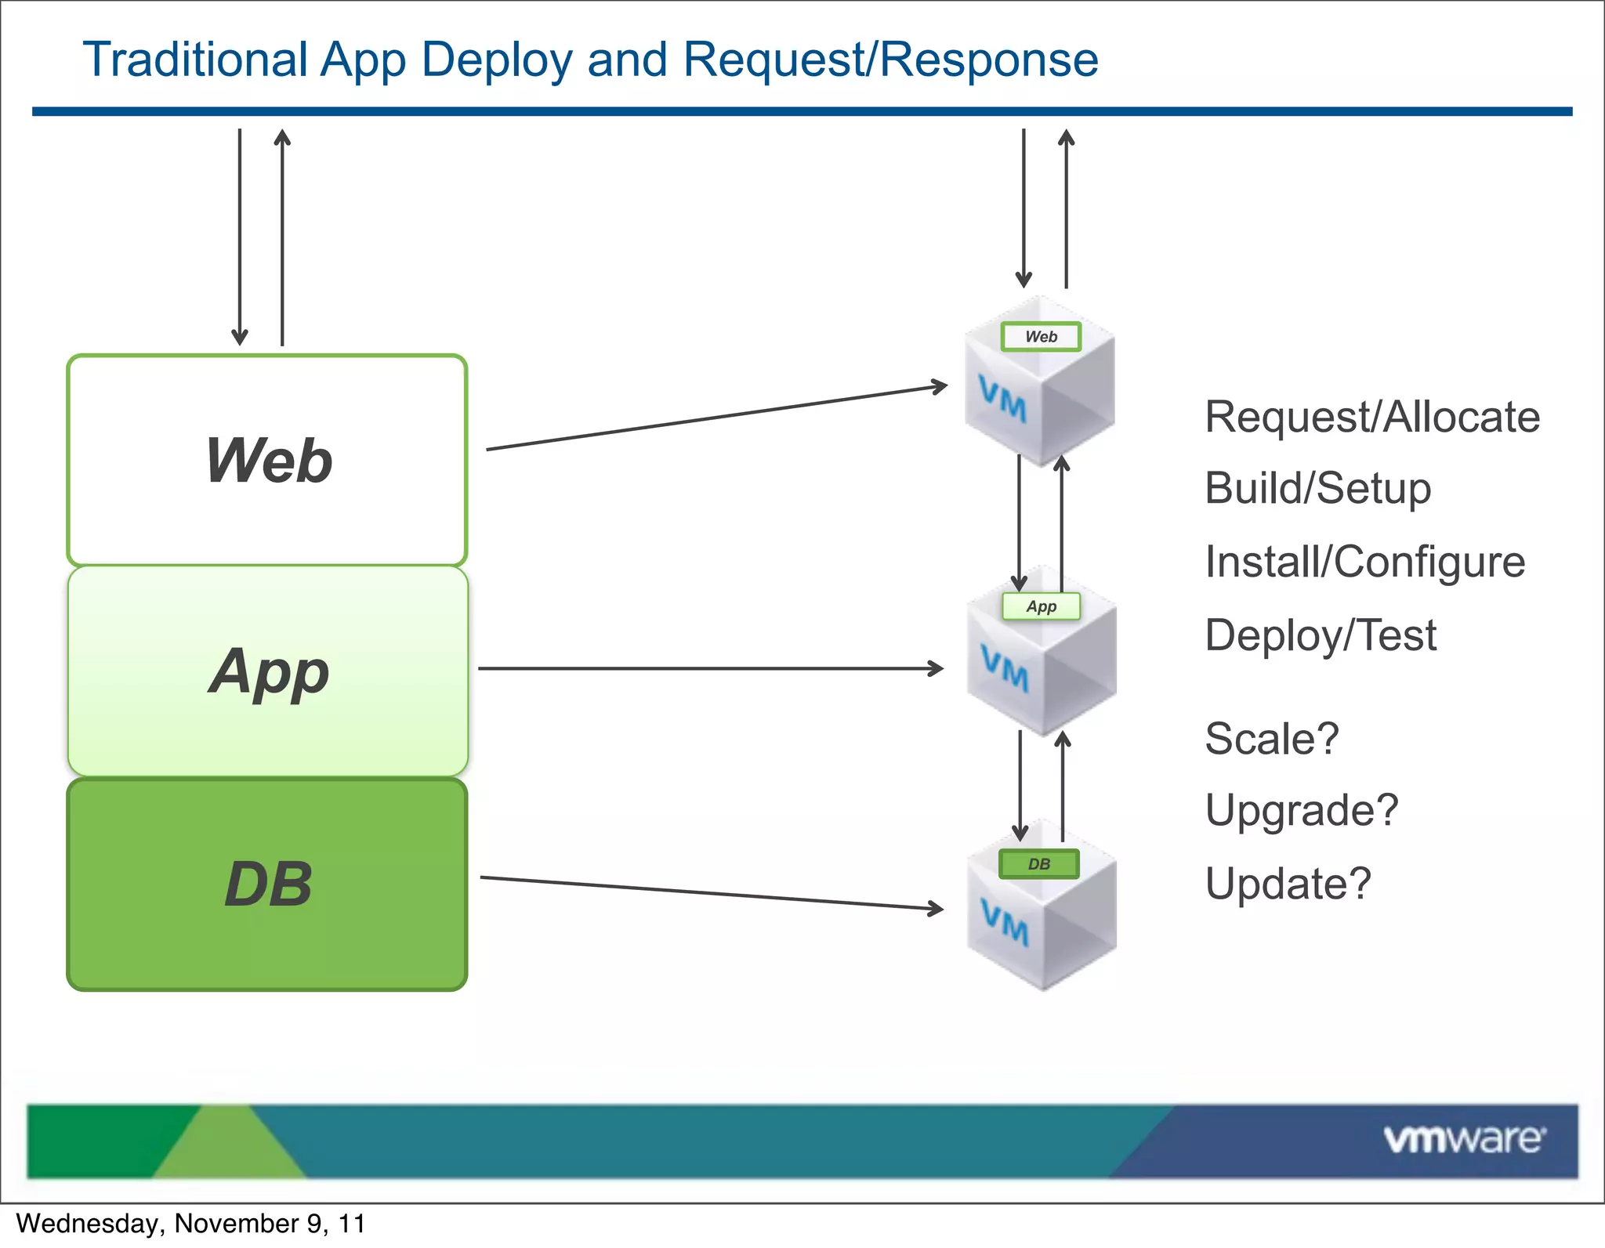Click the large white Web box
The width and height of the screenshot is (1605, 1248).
[267, 460]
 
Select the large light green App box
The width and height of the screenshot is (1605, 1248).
[267, 671]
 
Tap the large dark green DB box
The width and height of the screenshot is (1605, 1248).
[267, 884]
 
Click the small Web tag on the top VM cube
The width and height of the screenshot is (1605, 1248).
[1041, 336]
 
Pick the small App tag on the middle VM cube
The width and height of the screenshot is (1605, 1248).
[1041, 606]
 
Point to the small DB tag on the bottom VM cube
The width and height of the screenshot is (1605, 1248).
[1038, 863]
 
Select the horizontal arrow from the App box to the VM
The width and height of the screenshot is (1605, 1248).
[709, 668]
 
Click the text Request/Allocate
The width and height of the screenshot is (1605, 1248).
[1371, 417]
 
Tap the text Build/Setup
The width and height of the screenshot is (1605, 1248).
[1317, 489]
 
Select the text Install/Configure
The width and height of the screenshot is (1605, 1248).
[1364, 562]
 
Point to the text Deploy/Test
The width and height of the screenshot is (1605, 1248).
[1321, 635]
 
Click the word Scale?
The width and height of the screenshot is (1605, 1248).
[1271, 738]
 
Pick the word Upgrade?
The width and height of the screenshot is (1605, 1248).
[1301, 810]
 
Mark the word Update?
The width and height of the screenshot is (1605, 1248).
[1288, 884]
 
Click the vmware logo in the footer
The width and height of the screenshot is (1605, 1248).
[1464, 1139]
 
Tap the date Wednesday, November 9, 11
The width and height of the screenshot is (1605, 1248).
[190, 1223]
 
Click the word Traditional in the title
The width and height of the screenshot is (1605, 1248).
[195, 60]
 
